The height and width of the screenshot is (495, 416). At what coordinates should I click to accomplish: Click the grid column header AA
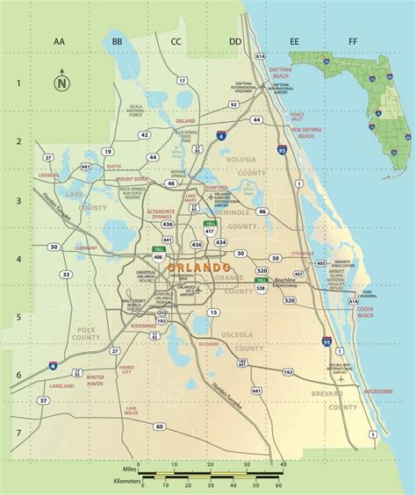coord(60,41)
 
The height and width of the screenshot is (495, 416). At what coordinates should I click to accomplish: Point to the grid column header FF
coord(353,41)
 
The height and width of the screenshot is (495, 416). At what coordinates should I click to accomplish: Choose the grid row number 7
coord(18,434)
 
